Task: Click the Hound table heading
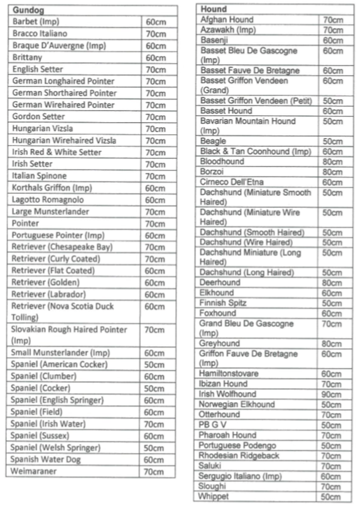[x=214, y=9]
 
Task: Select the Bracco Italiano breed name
[x=40, y=34]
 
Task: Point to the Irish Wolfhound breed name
[x=228, y=394]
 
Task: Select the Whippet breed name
[x=214, y=497]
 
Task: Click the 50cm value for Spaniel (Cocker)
[x=154, y=388]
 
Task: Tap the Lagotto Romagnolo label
[x=48, y=200]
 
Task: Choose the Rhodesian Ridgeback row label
[x=239, y=456]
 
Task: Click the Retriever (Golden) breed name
[x=46, y=283]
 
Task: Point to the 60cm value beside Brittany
[x=155, y=58]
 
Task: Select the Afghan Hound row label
[x=227, y=20]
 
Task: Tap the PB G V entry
[x=214, y=425]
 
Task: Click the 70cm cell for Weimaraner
[x=154, y=471]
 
